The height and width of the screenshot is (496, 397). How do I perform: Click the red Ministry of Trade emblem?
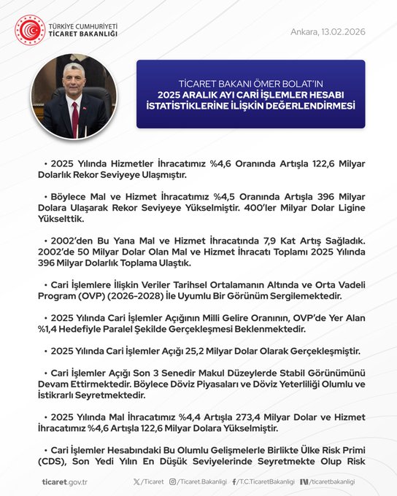(x=30, y=30)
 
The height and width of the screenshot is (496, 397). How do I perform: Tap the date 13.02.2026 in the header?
(x=341, y=32)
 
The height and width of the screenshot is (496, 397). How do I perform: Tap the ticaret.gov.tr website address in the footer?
(x=65, y=481)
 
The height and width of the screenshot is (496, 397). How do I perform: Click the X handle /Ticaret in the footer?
(x=149, y=481)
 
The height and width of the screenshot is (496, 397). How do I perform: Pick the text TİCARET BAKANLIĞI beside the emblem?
(x=82, y=34)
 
